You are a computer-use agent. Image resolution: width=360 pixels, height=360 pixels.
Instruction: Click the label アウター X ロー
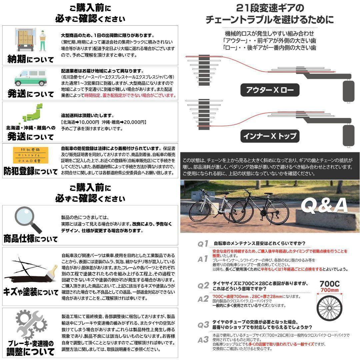tap(270, 90)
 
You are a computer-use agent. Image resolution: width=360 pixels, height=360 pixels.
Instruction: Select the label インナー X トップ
tap(270, 136)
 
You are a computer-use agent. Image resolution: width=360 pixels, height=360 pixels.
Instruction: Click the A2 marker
tap(203, 299)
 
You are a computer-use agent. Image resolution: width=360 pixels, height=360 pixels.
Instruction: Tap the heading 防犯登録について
tap(30, 172)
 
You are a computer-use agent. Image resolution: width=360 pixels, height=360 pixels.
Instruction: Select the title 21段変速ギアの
tap(270, 8)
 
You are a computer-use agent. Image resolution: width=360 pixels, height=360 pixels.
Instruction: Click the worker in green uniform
tap(43, 40)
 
